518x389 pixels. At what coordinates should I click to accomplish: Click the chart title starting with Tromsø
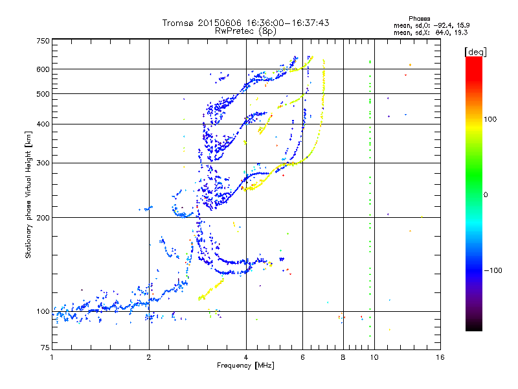coord(245,23)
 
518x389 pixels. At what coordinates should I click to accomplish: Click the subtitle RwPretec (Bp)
coord(245,30)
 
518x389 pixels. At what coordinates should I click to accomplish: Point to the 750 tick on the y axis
coord(43,41)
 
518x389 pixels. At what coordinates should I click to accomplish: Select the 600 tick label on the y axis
coord(43,69)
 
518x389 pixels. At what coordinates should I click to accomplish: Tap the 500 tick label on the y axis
coord(43,94)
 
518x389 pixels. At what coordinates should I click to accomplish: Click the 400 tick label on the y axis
coord(43,124)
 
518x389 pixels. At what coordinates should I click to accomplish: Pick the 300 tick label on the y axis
coord(43,163)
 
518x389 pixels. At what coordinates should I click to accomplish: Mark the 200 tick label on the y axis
coord(43,218)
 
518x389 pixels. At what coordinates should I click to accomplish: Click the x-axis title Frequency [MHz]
coord(245,366)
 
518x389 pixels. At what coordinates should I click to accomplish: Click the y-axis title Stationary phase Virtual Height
coord(28,194)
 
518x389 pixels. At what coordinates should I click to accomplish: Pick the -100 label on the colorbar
coord(494,270)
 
